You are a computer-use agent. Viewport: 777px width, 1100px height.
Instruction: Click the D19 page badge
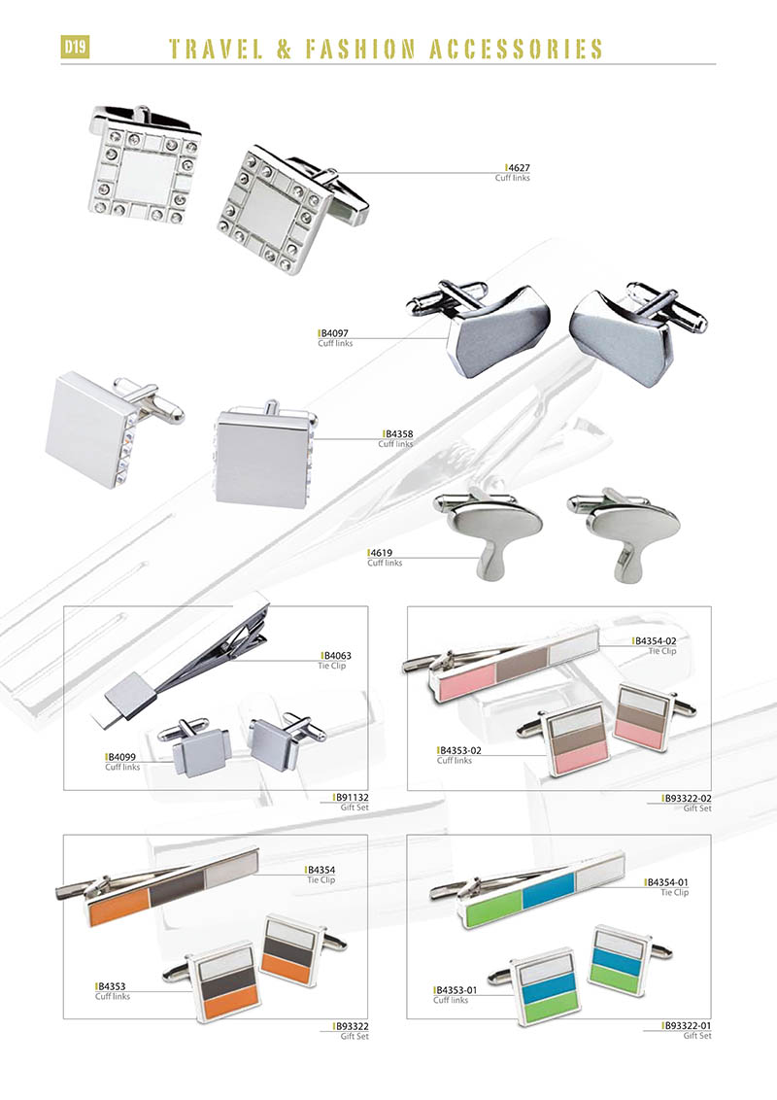[75, 48]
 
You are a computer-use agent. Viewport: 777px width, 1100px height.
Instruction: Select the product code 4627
[519, 168]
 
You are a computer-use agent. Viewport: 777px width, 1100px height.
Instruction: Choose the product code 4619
[382, 553]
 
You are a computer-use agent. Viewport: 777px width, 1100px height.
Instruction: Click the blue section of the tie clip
[549, 896]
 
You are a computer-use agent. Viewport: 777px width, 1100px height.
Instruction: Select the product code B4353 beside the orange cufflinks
[113, 985]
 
